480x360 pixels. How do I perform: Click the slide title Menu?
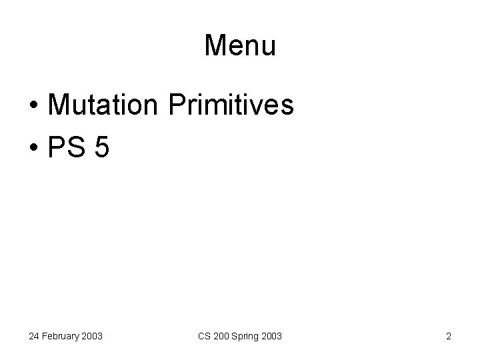(240, 45)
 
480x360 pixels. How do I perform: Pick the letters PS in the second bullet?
(68, 147)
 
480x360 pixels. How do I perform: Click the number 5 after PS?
(101, 147)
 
